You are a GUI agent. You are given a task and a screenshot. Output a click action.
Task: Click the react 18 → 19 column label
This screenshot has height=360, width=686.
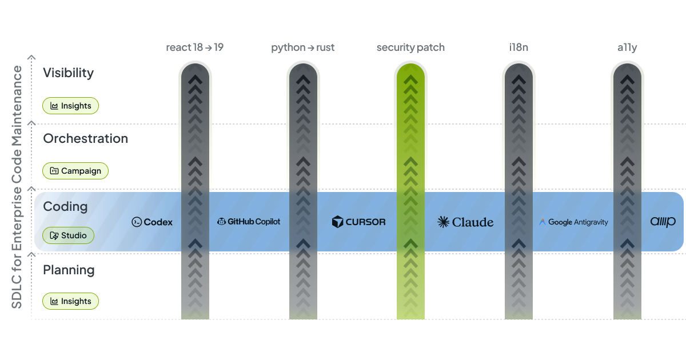coord(194,47)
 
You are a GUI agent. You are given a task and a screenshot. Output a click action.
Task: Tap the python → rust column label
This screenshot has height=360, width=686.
coord(302,47)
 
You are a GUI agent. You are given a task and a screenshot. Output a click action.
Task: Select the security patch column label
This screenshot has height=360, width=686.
coord(410,47)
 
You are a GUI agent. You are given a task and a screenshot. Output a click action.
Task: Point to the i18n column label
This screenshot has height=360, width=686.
coord(519,47)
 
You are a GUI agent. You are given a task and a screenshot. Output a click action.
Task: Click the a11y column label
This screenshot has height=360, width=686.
coord(627,47)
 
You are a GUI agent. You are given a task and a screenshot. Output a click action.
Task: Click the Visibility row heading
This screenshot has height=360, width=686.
coord(68,73)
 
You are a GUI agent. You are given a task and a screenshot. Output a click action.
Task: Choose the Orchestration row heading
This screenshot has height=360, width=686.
coord(85,139)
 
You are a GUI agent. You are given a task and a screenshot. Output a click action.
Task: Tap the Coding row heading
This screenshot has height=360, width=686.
coord(65,206)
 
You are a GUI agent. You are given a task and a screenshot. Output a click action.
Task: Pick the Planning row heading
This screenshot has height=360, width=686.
coord(69,270)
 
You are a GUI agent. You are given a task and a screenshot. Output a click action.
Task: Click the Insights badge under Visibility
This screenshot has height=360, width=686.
coord(71,106)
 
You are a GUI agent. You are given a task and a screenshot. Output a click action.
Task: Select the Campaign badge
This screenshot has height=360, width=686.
coord(75,171)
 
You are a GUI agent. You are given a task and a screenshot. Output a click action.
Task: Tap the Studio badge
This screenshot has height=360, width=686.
coord(69,235)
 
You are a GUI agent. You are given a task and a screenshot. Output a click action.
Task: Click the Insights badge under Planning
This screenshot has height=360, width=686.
coord(71,301)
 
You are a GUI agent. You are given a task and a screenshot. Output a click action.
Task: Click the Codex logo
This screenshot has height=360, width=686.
coord(152,222)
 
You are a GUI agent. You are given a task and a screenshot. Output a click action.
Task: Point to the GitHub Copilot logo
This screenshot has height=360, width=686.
coord(249,222)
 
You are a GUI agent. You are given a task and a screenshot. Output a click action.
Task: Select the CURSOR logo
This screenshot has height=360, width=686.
coord(359,222)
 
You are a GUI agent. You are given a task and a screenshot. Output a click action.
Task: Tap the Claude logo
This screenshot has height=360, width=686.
coord(465,222)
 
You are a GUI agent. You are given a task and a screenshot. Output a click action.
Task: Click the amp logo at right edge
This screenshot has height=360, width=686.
coord(663,222)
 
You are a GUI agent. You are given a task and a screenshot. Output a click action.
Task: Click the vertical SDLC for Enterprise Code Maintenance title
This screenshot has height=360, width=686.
coord(17,187)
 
